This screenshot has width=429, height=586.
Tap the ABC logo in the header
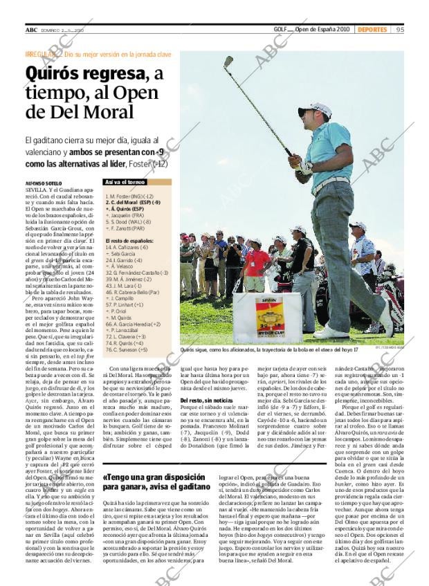click(x=31, y=30)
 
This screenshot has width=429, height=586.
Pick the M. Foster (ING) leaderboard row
click(x=129, y=196)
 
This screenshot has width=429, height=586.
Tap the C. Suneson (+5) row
click(x=127, y=349)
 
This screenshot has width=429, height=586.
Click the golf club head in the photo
click(x=228, y=62)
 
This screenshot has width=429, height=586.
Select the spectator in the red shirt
click(x=257, y=262)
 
